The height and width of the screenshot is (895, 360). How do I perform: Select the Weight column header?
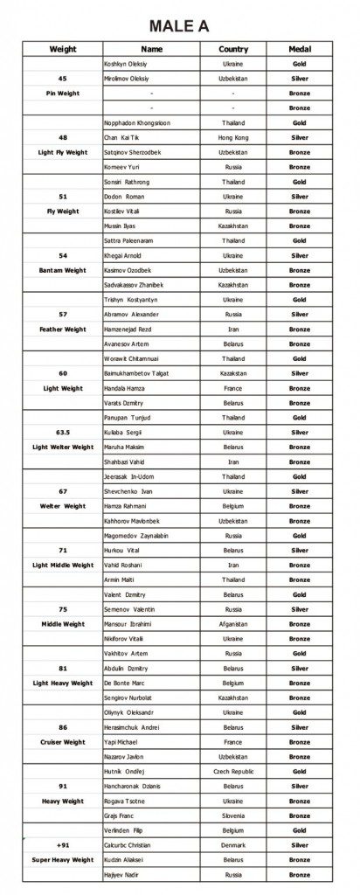click(63, 50)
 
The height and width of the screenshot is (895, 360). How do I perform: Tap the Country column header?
click(233, 50)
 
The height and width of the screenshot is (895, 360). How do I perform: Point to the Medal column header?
click(300, 50)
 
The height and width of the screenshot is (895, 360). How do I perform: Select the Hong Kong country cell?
click(233, 138)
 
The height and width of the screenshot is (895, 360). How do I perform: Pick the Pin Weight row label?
click(63, 93)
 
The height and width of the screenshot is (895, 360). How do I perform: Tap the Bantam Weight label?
click(63, 270)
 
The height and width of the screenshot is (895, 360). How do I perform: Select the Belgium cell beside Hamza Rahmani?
click(233, 506)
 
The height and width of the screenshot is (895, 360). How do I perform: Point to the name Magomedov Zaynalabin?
click(135, 536)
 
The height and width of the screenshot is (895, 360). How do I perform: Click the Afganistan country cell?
click(233, 624)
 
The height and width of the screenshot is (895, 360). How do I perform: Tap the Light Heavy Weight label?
click(63, 683)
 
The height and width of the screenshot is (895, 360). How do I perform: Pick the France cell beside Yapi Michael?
click(233, 742)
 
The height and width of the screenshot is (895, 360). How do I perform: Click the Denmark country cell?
click(233, 845)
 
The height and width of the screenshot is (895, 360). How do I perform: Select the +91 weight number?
click(63, 845)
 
